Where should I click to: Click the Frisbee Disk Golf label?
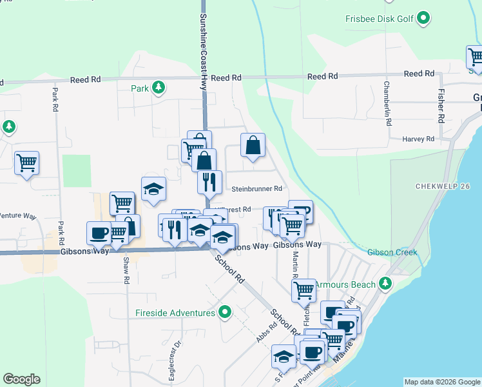point(379,19)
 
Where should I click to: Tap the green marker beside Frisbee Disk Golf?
point(423,18)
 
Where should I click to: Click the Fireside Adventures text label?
point(175,313)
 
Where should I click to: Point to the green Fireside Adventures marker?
point(224,313)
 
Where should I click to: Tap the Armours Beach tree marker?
point(385,283)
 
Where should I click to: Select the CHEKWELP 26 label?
point(441,186)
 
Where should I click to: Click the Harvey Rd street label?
point(418,139)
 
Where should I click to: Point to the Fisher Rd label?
point(441,105)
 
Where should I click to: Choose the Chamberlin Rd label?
point(388,103)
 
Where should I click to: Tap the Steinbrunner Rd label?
point(257,189)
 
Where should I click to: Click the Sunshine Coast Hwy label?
point(204,45)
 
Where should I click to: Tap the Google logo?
point(21,379)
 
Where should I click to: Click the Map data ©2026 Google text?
point(442,382)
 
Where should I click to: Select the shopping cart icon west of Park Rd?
point(26,163)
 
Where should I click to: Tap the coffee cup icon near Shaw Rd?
point(99,232)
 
